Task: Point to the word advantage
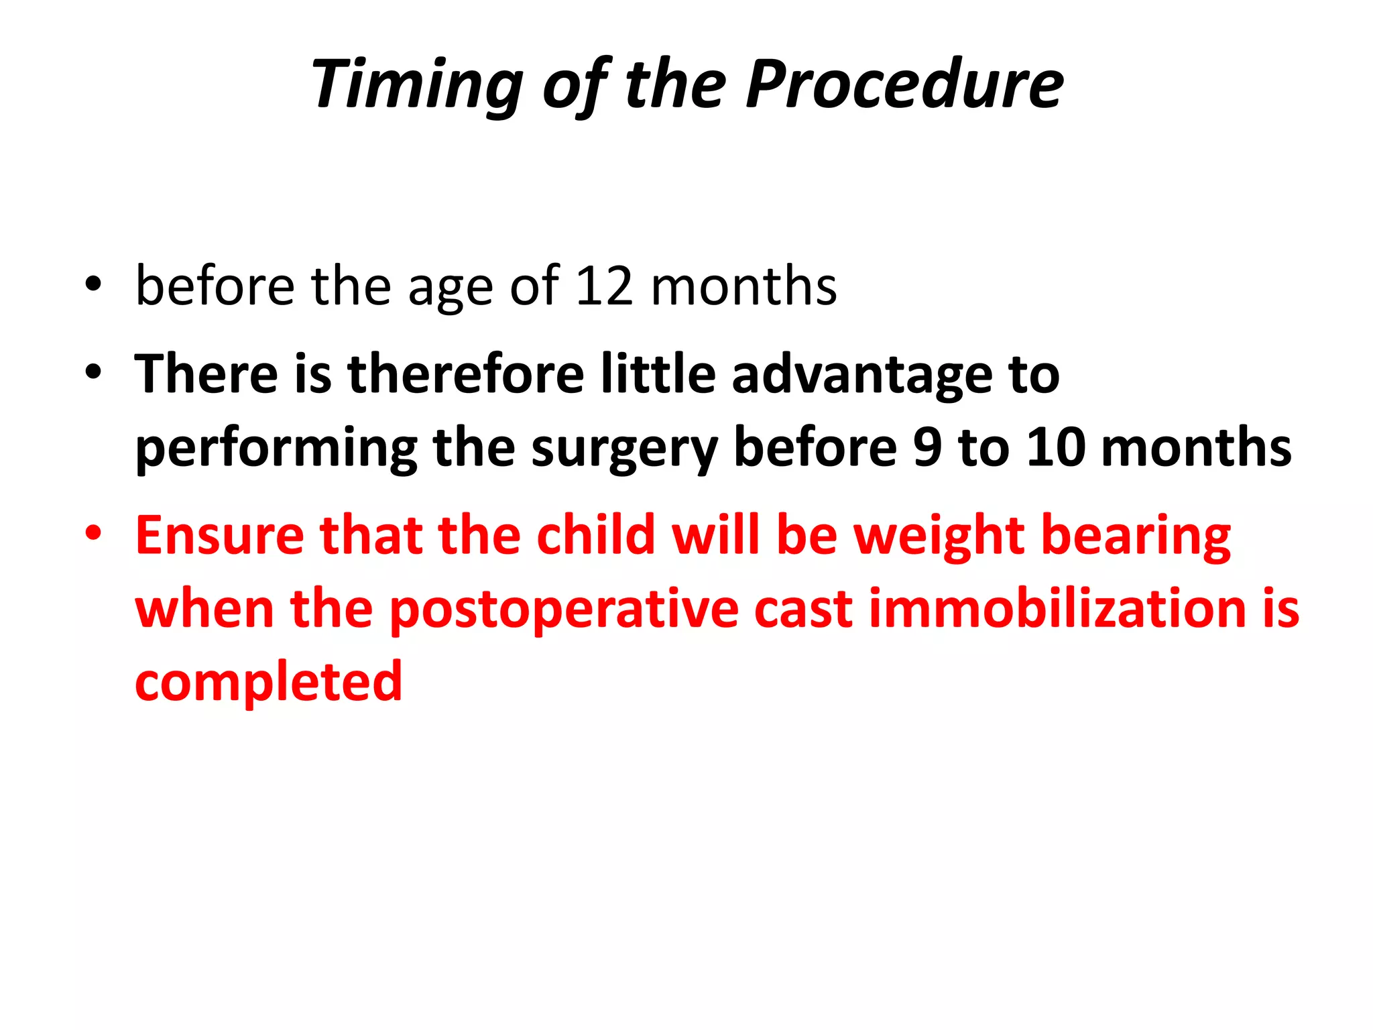coord(861,375)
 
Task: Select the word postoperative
coord(563,611)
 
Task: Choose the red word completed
coord(268,683)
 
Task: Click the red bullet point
coord(93,534)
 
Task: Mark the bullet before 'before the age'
coord(93,284)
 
